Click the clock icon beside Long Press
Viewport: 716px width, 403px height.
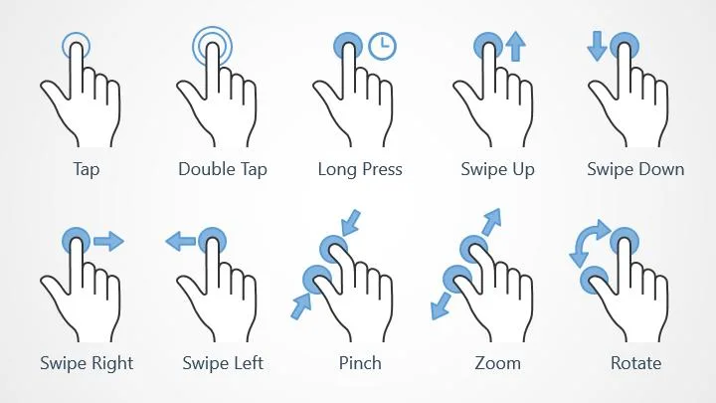pos(382,46)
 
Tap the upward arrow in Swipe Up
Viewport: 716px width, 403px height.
pos(516,46)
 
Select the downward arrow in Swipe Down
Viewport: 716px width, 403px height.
pos(597,46)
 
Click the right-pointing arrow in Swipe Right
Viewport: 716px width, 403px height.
pos(108,241)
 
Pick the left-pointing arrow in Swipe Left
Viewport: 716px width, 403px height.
pos(181,241)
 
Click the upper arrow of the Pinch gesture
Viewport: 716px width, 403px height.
pos(351,223)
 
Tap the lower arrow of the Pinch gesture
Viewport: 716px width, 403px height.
pos(301,306)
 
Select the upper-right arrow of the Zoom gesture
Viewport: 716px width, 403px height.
pos(491,222)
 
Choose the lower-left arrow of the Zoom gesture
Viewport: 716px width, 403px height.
pos(442,306)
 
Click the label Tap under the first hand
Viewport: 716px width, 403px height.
pos(87,169)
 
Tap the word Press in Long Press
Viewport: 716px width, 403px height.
pos(380,169)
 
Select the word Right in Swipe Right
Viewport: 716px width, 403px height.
pos(112,364)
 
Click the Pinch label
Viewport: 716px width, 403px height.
pos(360,363)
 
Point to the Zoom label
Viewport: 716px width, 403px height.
pos(498,364)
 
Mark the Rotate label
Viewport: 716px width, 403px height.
pos(636,364)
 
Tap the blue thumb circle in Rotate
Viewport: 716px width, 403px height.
pos(595,280)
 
